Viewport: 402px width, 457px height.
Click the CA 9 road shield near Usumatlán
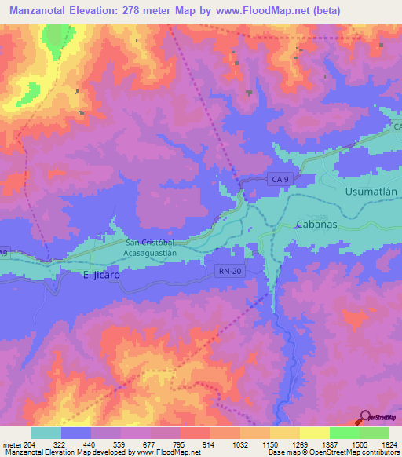280,180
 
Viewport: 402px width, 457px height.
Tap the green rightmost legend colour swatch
374,433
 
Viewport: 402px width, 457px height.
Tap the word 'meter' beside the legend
11,443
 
